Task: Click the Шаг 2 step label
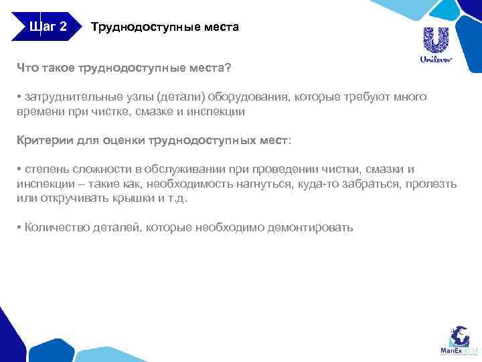tap(48, 27)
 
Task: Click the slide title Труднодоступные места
tap(164, 28)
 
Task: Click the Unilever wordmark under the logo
tap(436, 59)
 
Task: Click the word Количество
tap(52, 227)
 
